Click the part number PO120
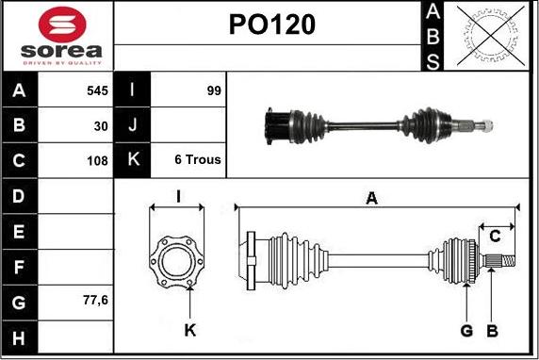[272, 25]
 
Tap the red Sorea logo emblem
[62, 25]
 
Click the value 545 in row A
[97, 90]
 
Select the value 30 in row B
[101, 126]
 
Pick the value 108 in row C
[97, 160]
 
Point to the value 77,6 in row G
[95, 301]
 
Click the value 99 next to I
[214, 90]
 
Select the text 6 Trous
[198, 159]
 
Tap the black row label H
[19, 337]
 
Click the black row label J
[133, 124]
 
